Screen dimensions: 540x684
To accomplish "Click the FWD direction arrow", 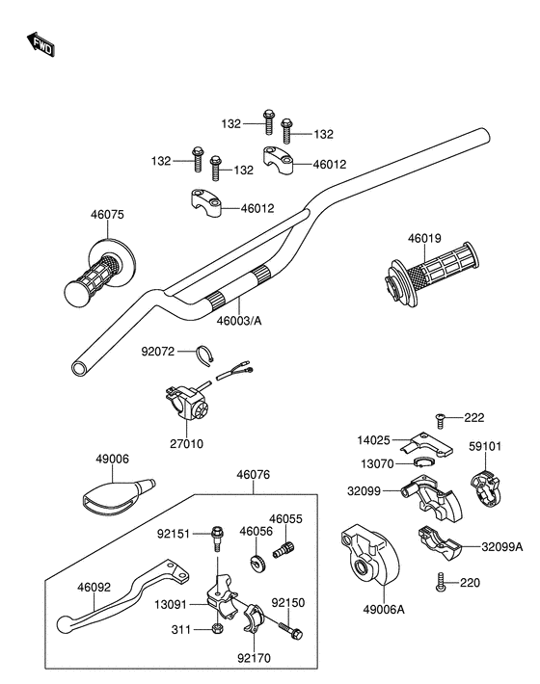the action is click(40, 44).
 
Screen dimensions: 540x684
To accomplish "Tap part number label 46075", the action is click(107, 215).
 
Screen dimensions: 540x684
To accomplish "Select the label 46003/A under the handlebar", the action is click(239, 321).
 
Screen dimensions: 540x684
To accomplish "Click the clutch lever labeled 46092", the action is click(123, 597).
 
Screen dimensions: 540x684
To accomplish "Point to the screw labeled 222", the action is click(441, 420).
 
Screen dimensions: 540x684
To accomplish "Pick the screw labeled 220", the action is click(441, 582).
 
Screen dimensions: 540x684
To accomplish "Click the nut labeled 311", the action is click(217, 628).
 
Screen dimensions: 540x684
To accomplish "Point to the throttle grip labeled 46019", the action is click(431, 273).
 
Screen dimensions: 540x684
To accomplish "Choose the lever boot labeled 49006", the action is click(119, 495).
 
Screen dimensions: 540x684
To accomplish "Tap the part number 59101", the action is click(485, 447).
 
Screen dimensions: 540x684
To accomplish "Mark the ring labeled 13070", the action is click(423, 462).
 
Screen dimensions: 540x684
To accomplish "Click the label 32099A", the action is click(502, 547).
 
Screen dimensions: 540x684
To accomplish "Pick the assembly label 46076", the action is click(254, 475).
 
